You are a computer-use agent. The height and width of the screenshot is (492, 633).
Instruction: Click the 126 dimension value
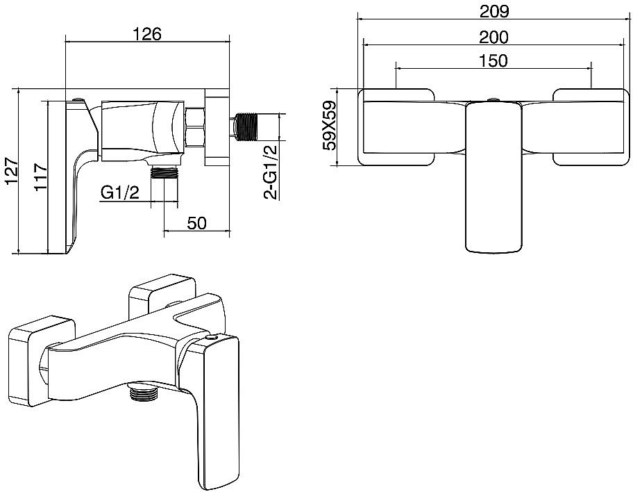pos(147,33)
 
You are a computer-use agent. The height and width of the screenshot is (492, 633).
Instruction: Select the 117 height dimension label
pos(40,177)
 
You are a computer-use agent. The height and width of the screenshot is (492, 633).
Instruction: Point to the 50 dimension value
pos(197,223)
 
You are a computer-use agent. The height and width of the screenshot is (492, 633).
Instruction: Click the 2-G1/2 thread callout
pos(271,172)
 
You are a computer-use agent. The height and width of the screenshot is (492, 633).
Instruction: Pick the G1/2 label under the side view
pos(120,192)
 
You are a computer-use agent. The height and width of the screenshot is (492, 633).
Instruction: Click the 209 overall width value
pos(494,11)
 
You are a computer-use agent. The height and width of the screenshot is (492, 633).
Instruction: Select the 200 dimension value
pos(493,38)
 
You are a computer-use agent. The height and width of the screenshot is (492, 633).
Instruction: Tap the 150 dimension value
pos(493,60)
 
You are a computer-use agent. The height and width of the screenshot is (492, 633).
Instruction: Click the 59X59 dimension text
pos(330,126)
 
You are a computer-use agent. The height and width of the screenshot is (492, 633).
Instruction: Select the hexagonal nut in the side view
pos(194,127)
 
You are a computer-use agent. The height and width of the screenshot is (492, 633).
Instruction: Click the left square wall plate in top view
pos(396,127)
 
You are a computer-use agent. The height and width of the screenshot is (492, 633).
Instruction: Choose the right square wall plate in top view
pos(591,127)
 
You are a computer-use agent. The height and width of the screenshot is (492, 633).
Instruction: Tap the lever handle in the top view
pos(493,177)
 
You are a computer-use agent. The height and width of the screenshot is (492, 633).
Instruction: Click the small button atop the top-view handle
pos(493,100)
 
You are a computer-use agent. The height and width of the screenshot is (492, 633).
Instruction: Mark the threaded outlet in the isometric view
pos(142,393)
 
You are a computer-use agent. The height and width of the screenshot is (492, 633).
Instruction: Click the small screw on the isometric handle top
pos(212,337)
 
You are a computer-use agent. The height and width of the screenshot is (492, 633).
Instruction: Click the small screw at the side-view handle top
pos(77,99)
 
